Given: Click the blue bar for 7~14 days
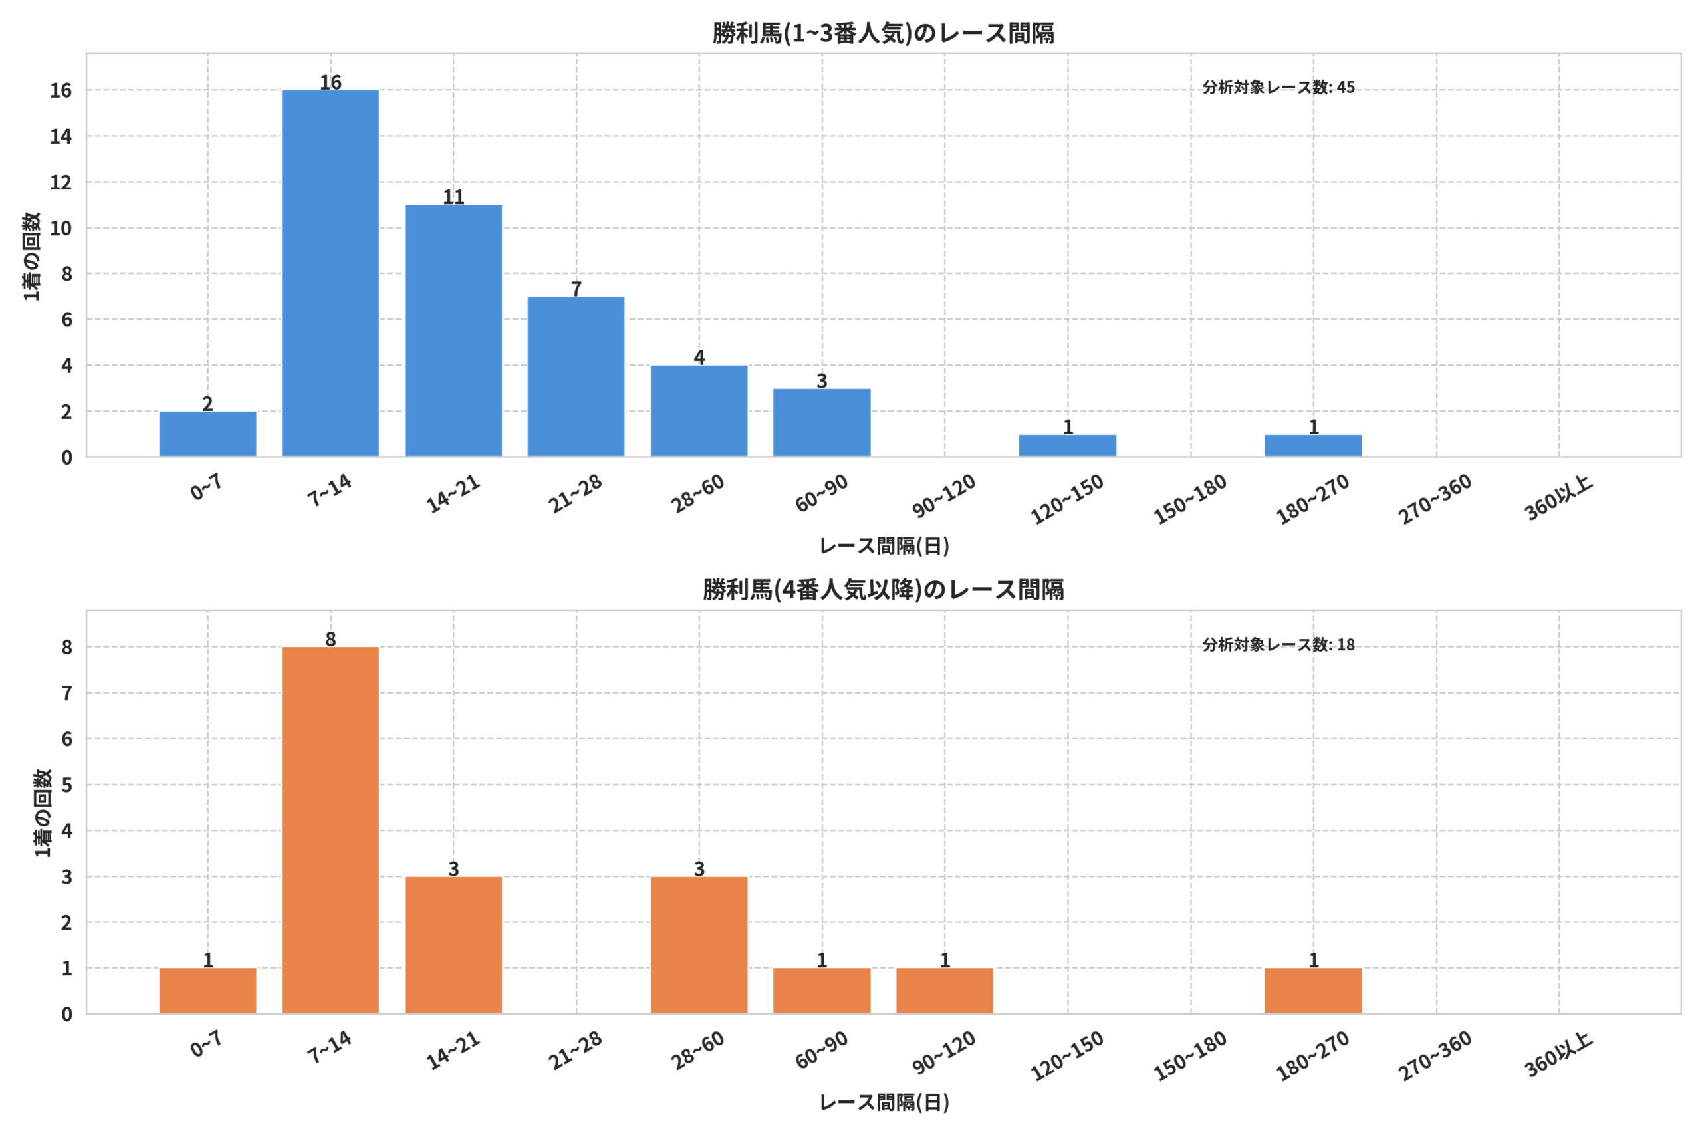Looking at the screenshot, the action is [x=330, y=274].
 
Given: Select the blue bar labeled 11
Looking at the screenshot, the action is [x=453, y=331].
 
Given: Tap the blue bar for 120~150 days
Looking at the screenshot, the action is [x=1067, y=446].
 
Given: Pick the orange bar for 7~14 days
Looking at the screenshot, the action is [x=330, y=830].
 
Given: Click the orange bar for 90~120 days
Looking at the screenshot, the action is [x=944, y=991].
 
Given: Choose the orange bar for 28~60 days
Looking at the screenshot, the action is [x=699, y=946].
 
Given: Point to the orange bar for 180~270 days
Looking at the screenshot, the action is [x=1312, y=991].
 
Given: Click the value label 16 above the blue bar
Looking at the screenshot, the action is [x=330, y=82].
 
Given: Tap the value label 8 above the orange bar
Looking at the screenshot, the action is [x=330, y=639].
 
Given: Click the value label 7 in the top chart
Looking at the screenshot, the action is [x=576, y=289].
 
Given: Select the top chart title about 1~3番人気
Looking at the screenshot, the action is [x=883, y=33].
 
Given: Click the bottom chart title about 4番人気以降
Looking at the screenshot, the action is [x=883, y=590].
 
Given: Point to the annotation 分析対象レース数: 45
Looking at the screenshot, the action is [x=1278, y=88].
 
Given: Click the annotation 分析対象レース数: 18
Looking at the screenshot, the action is [x=1278, y=644].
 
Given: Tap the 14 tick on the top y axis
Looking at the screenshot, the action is [x=61, y=136].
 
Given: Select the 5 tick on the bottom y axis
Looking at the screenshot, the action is [x=66, y=785].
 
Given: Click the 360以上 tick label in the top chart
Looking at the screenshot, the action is [x=1558, y=498].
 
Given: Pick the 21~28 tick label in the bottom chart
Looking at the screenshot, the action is [x=575, y=1051].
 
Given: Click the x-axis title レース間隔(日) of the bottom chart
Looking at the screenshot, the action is [x=884, y=1102].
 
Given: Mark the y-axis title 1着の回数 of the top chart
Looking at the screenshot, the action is [x=31, y=256].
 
